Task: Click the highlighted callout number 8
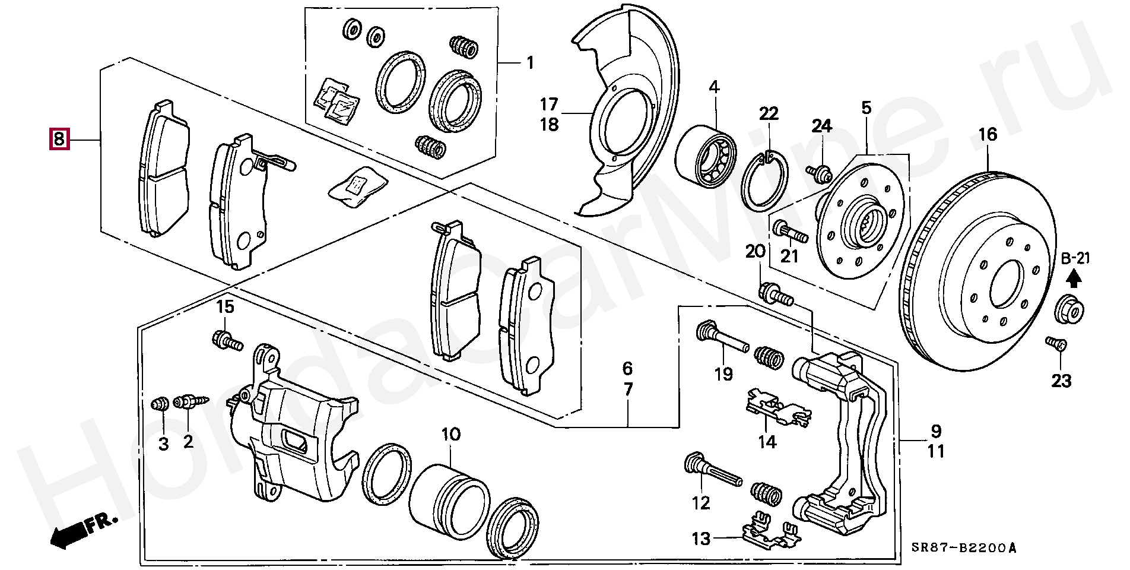(x=59, y=139)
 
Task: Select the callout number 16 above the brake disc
(x=988, y=135)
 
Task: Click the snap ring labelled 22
(x=766, y=182)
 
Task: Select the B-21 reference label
(x=1075, y=258)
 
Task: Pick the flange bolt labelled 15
(x=227, y=341)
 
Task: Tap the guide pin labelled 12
(x=712, y=469)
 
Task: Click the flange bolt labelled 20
(x=775, y=293)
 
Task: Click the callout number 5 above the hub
(x=866, y=108)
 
